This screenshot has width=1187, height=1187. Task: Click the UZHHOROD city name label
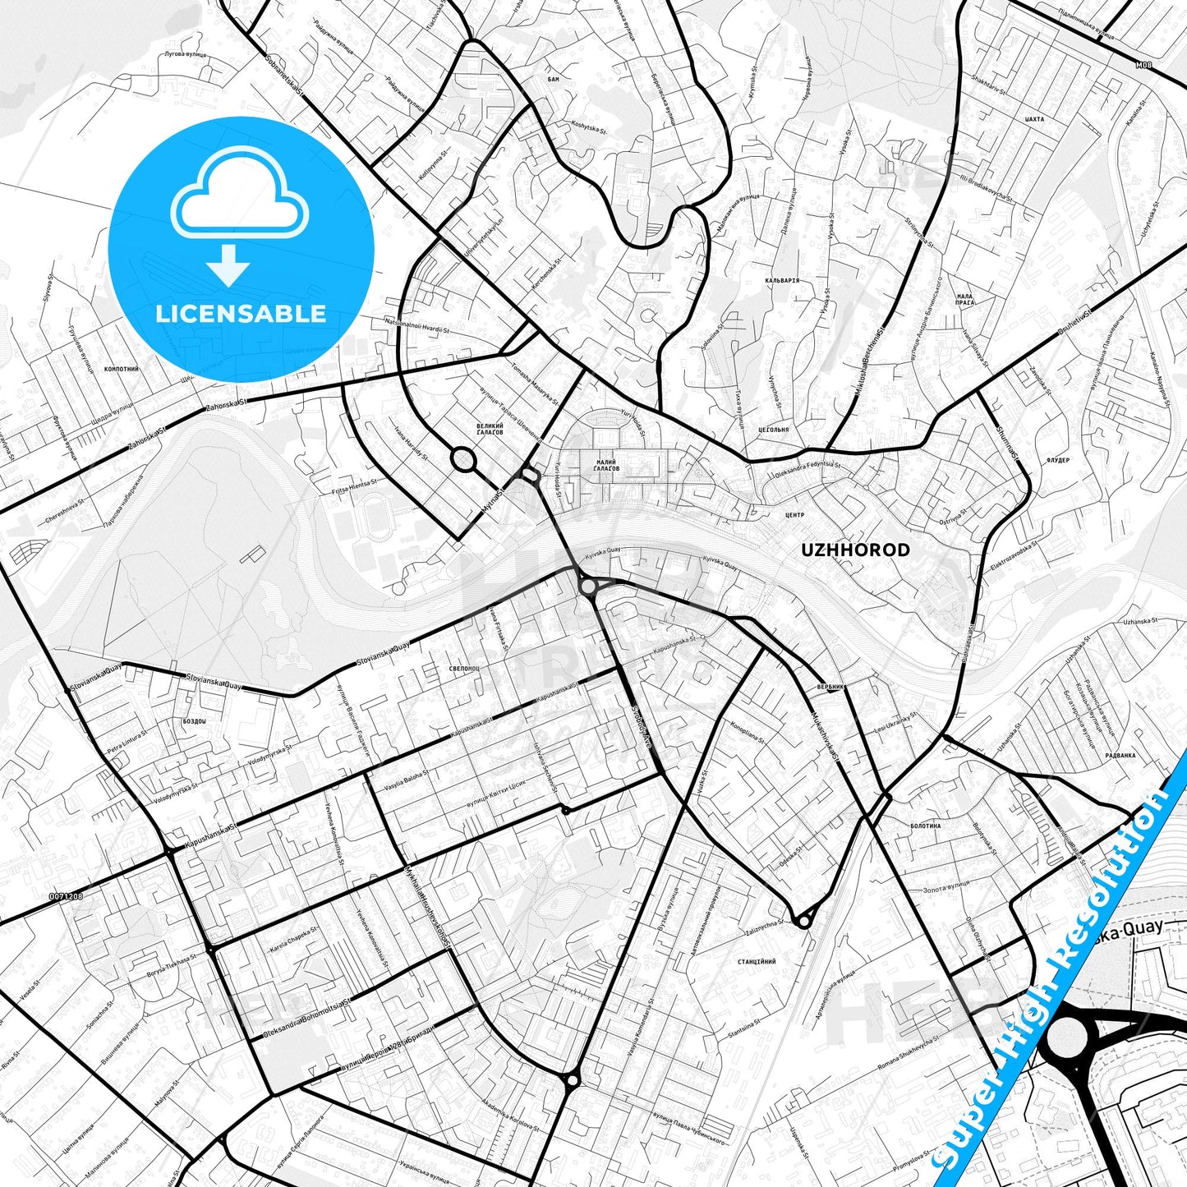click(855, 550)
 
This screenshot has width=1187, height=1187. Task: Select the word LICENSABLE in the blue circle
click(241, 313)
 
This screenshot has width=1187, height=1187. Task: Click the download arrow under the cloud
click(228, 265)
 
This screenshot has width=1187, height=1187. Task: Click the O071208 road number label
click(66, 895)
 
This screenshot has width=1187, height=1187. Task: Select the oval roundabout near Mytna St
click(463, 459)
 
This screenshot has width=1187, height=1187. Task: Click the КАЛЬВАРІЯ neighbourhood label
click(781, 280)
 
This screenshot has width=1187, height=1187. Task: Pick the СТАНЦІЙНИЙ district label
click(757, 960)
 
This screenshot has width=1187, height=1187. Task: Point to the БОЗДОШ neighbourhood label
click(195, 720)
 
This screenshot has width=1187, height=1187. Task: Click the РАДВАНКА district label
click(1120, 755)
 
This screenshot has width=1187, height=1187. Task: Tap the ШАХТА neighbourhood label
click(1035, 119)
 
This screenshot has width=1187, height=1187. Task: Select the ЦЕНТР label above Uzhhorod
click(794, 515)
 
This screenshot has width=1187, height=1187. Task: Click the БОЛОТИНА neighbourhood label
click(926, 826)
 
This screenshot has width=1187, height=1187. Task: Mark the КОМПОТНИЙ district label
click(122, 370)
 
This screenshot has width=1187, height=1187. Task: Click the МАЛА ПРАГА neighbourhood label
click(965, 299)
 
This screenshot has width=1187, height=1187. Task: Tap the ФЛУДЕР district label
click(1058, 460)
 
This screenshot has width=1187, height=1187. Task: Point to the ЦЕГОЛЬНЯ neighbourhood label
click(773, 430)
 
